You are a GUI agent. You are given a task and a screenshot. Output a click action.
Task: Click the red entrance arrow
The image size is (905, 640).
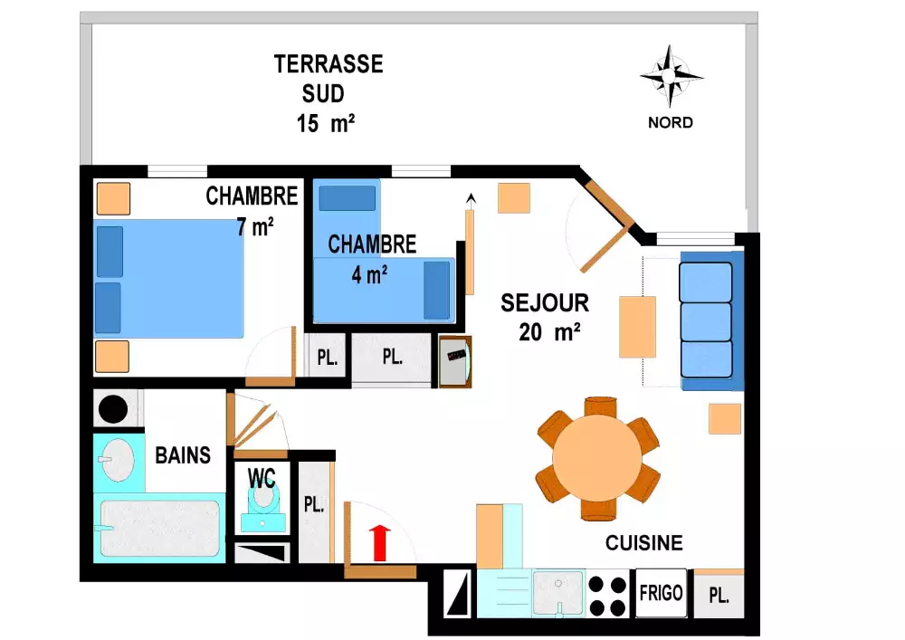pyautogui.click(x=380, y=542)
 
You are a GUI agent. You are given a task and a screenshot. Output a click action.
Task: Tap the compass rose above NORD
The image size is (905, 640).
pyautogui.click(x=670, y=77)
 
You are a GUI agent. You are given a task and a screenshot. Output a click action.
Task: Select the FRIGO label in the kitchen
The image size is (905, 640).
pyautogui.click(x=661, y=593)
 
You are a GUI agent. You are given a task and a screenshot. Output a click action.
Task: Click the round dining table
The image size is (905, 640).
pyautogui.click(x=596, y=459)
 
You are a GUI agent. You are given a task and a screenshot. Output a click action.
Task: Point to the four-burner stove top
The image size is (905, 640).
pyautogui.click(x=608, y=597)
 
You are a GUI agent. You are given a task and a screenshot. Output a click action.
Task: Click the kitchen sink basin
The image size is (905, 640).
pyautogui.click(x=557, y=593)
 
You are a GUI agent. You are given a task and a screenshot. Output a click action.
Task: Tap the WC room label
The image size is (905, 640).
pyautogui.click(x=262, y=478)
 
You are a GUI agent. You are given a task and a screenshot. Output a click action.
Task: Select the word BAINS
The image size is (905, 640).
pyautogui.click(x=183, y=455)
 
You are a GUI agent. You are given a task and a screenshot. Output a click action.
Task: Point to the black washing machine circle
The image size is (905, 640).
pyautogui.click(x=113, y=409)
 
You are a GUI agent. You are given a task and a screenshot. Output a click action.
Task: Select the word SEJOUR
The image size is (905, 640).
pyautogui.click(x=544, y=303)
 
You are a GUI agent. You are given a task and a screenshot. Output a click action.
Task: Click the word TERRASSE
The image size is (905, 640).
pyautogui.click(x=329, y=64)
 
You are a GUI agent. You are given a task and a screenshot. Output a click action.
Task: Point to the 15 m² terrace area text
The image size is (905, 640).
pyautogui.click(x=326, y=123)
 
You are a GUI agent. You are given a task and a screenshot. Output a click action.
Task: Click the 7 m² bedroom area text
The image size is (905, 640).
pyautogui.click(x=254, y=227)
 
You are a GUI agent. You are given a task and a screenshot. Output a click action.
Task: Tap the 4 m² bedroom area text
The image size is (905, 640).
pyautogui.click(x=369, y=274)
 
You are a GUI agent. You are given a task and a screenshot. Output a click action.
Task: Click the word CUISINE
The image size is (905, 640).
pyautogui.click(x=644, y=542)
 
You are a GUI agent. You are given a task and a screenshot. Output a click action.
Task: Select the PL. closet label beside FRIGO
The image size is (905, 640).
pyautogui.click(x=719, y=596)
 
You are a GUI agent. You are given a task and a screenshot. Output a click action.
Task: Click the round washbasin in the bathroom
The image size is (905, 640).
pyautogui.click(x=118, y=460)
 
